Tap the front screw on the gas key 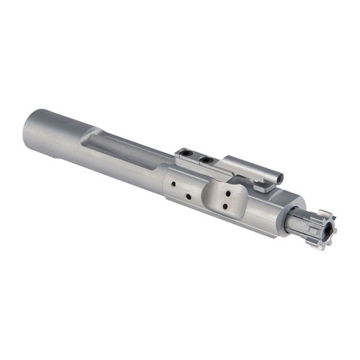(x=207, y=158)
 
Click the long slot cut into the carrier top (x=122, y=148)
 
